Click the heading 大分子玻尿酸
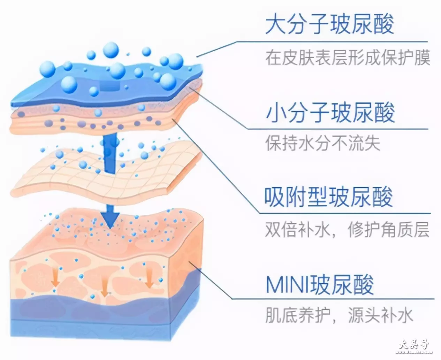[x=329, y=24]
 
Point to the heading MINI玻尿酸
[x=320, y=285]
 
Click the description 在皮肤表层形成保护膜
[x=348, y=58]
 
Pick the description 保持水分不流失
[x=323, y=143]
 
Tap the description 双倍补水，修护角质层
[x=347, y=230]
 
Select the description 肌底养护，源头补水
[x=339, y=315]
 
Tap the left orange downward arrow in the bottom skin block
[x=55, y=277]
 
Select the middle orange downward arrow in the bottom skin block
[x=104, y=287]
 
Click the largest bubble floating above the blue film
[x=111, y=50]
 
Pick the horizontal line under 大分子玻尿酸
[x=332, y=42]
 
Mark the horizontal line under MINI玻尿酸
[x=333, y=299]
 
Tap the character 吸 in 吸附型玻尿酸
[x=275, y=197]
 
